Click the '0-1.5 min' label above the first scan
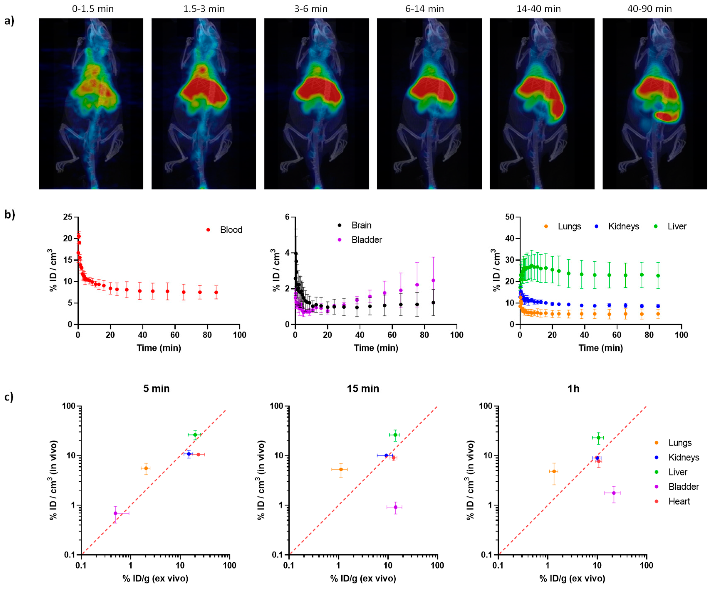tap(93, 9)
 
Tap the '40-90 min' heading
tap(649, 9)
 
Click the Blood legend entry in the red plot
tap(231, 230)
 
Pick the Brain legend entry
tap(361, 225)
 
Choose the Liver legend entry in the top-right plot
tap(676, 227)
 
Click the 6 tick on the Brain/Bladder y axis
tap(287, 217)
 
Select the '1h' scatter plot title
tap(573, 389)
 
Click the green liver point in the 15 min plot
tap(395, 435)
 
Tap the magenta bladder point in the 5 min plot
tap(116, 513)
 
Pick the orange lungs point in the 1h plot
tap(554, 471)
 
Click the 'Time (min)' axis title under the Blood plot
tap(159, 348)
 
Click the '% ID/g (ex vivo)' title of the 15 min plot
tap(363, 579)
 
